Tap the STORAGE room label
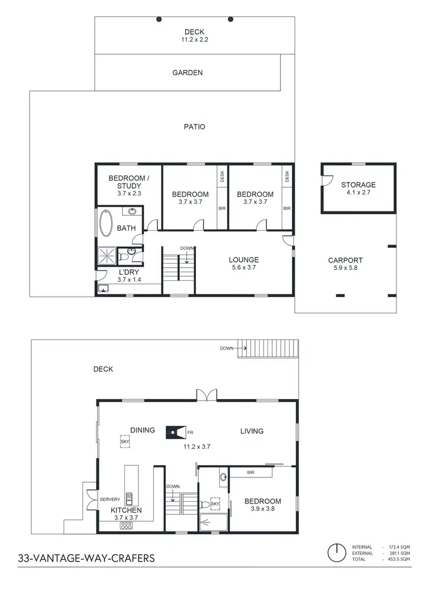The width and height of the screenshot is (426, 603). tap(358, 185)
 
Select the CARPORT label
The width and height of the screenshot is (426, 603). tap(345, 260)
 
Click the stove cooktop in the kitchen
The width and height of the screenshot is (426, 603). tap(126, 526)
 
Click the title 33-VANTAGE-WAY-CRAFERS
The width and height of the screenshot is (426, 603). tap(86, 558)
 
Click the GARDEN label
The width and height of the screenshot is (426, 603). tap(187, 73)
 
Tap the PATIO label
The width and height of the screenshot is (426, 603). tap(194, 127)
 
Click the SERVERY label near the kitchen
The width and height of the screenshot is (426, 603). tap(110, 499)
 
